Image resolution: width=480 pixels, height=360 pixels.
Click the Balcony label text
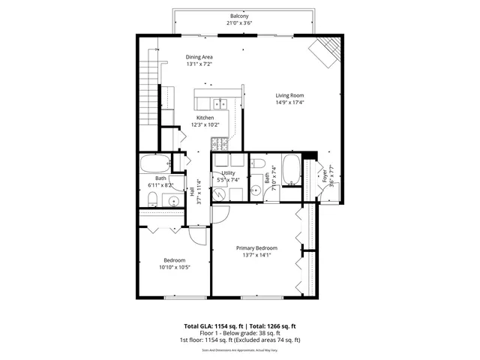(239, 16)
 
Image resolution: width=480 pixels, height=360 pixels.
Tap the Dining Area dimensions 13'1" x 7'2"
(200, 64)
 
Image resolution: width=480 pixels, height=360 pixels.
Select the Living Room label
(289, 95)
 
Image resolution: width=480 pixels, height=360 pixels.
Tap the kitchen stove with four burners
(220, 144)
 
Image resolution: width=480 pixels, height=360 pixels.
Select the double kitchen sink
(218, 103)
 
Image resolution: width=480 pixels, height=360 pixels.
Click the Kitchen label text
(205, 118)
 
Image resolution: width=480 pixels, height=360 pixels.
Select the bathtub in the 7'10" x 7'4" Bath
(290, 170)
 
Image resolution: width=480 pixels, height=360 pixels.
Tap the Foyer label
(325, 176)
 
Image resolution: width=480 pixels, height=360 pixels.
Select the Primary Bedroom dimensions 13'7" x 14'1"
(256, 255)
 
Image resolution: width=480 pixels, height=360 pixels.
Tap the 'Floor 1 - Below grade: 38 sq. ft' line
(239, 334)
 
